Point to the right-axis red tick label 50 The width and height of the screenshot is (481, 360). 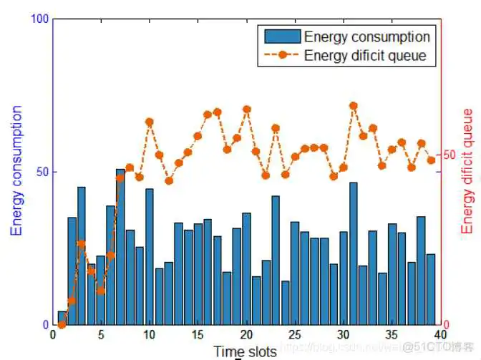click(450, 155)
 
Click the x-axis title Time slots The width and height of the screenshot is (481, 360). click(245, 351)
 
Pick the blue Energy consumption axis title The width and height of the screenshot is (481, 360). click(16, 171)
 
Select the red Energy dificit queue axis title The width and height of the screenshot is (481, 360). click(467, 171)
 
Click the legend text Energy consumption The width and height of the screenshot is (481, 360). click(366, 37)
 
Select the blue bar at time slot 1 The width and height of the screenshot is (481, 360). click(62, 318)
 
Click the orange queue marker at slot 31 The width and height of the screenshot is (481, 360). click(353, 106)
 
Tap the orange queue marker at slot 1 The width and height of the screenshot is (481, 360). click(62, 324)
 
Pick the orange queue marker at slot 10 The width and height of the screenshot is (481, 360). click(150, 122)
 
